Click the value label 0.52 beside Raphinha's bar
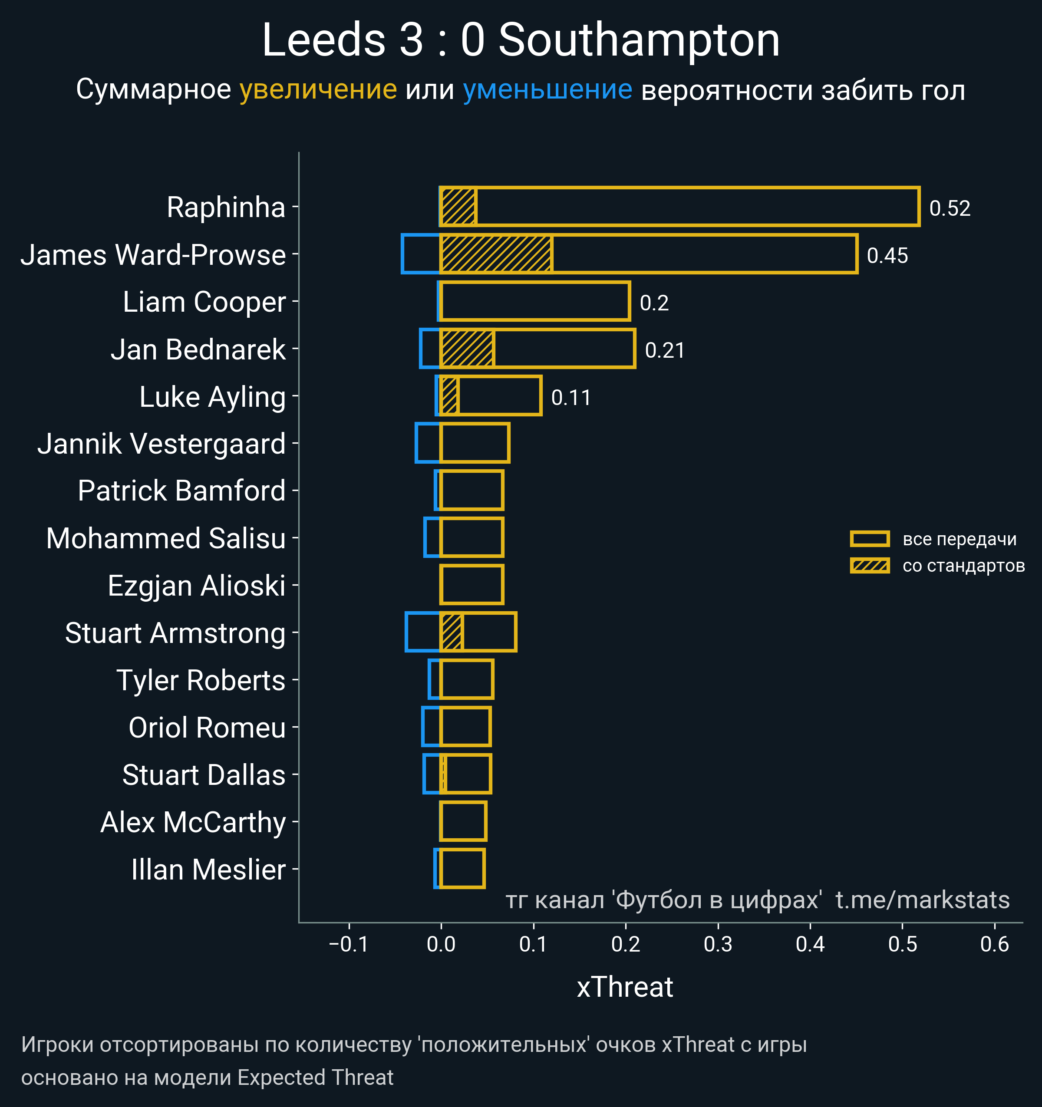pyautogui.click(x=950, y=208)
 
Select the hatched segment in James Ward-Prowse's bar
pyautogui.click(x=496, y=254)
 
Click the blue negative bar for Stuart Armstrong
pyautogui.click(x=423, y=632)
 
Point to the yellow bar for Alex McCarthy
pyautogui.click(x=463, y=821)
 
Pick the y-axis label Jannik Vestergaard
pyautogui.click(x=162, y=444)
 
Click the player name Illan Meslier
pyautogui.click(x=208, y=870)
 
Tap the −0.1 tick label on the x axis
pyautogui.click(x=349, y=944)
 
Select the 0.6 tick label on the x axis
pyautogui.click(x=995, y=944)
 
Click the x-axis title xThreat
pyautogui.click(x=625, y=987)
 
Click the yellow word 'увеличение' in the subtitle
pyautogui.click(x=318, y=90)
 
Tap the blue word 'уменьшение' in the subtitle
pyautogui.click(x=547, y=90)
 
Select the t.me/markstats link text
pyautogui.click(x=922, y=900)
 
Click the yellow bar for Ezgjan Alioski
pyautogui.click(x=472, y=585)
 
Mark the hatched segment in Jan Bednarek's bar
pyautogui.click(x=467, y=349)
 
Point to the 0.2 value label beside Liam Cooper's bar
pyautogui.click(x=654, y=303)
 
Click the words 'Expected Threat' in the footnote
pyautogui.click(x=315, y=1077)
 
